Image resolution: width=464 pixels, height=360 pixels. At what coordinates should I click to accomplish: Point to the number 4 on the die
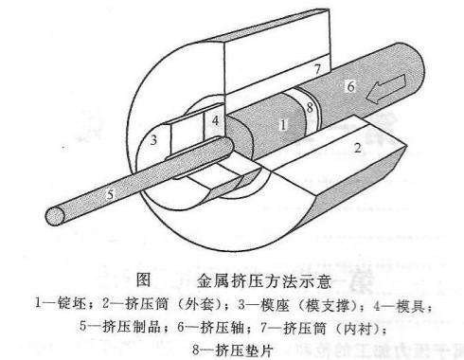click(x=216, y=121)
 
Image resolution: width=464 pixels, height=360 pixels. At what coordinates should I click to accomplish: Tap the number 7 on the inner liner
click(x=318, y=66)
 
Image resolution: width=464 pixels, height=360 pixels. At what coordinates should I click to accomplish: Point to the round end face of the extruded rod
click(x=59, y=217)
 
